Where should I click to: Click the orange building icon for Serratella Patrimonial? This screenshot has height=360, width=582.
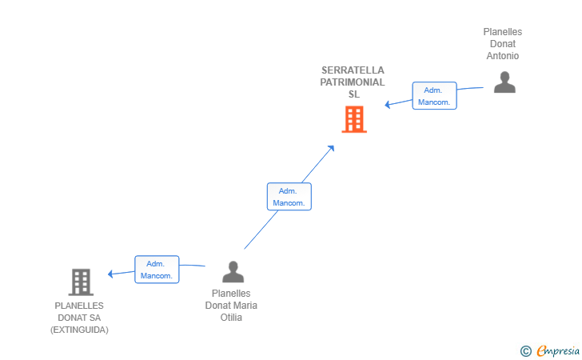[x=354, y=119]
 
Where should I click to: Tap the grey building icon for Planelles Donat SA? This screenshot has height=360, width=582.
[x=81, y=282]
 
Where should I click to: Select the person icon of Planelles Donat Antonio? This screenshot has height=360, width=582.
[x=504, y=82]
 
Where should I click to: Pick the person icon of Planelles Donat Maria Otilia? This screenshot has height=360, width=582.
[x=233, y=271]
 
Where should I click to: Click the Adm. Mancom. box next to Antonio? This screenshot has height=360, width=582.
[x=434, y=96]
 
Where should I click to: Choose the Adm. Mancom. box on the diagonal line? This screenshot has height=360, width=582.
[x=289, y=197]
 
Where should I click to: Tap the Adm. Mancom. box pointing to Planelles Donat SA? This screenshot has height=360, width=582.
[x=157, y=270]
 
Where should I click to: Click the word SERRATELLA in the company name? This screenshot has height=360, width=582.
[x=353, y=70]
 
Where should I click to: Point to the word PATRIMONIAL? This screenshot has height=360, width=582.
[x=353, y=82]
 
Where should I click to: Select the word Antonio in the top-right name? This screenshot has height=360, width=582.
[x=503, y=56]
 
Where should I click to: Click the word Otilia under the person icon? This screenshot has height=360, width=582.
[x=231, y=318]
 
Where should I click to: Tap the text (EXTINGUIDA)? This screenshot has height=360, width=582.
[x=79, y=330]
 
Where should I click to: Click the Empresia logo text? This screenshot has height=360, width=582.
[x=558, y=350]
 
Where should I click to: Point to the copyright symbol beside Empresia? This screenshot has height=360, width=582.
[x=525, y=351]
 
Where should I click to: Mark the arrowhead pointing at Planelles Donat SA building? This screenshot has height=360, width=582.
[x=110, y=274]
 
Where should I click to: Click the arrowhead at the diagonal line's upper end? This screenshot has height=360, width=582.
[x=331, y=148]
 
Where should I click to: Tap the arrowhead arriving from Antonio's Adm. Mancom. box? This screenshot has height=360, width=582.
[x=387, y=104]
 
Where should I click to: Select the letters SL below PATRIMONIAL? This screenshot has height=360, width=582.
[x=353, y=94]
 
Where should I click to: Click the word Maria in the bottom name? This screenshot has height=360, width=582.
[x=245, y=306]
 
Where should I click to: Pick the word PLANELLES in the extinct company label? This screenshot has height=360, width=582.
[x=79, y=306]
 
